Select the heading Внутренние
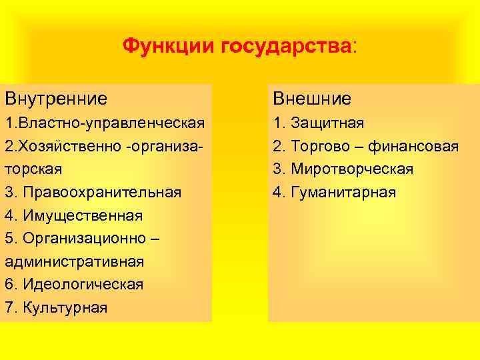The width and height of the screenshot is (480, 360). pos(56,99)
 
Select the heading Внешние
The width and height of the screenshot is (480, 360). pos(311,99)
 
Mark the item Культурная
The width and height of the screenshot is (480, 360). pos(65,307)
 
